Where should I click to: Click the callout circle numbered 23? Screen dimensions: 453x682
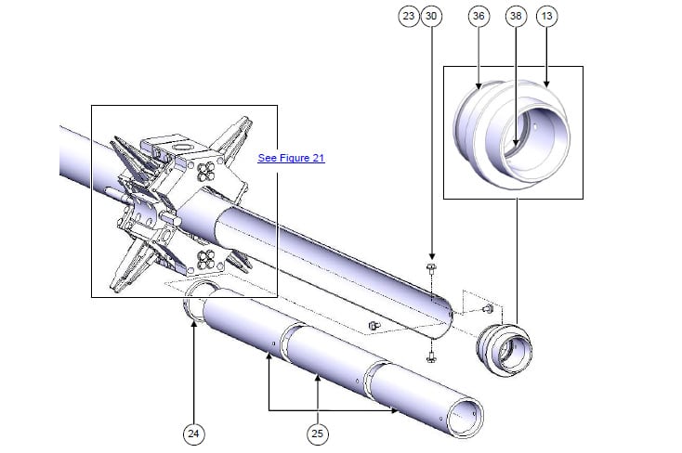pyautogui.click(x=408, y=16)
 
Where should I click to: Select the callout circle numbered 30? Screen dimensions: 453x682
pyautogui.click(x=431, y=16)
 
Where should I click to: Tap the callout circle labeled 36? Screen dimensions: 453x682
pyautogui.click(x=479, y=16)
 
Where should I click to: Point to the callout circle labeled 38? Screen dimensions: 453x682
pyautogui.click(x=517, y=16)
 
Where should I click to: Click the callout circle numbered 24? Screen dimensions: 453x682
pyautogui.click(x=193, y=432)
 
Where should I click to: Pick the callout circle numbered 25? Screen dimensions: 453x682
pyautogui.click(x=319, y=432)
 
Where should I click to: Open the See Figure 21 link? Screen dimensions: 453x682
pyautogui.click(x=291, y=158)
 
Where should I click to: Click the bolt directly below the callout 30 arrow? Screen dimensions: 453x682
pyautogui.click(x=432, y=269)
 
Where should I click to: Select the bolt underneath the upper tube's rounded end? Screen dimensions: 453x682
pyautogui.click(x=432, y=356)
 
